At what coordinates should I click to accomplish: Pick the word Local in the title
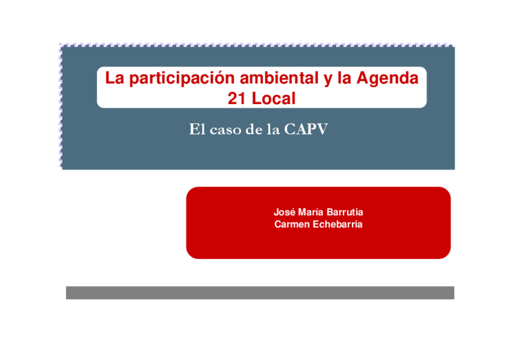(274, 99)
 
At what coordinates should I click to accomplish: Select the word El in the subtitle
(197, 130)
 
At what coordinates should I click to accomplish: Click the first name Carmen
(290, 225)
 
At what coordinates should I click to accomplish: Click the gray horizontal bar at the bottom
(260, 293)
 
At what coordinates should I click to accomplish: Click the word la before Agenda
(345, 79)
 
